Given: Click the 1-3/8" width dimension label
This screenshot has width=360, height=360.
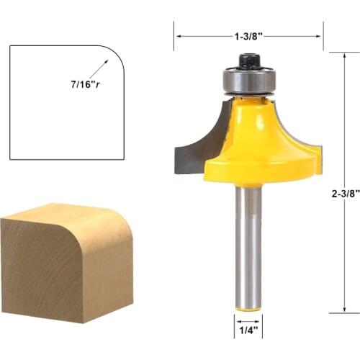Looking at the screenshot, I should (248, 34).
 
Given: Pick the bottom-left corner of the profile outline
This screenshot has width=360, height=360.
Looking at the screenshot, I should (10, 158).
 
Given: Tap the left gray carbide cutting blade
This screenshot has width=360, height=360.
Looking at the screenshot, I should (193, 144).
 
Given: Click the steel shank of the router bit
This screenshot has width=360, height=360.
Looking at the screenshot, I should (247, 245).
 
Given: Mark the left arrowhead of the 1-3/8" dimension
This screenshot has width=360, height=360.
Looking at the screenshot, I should (177, 34).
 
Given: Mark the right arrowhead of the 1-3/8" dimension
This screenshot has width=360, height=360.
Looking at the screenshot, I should (319, 34).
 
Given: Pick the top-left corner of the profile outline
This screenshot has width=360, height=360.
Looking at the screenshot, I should (10, 46).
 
